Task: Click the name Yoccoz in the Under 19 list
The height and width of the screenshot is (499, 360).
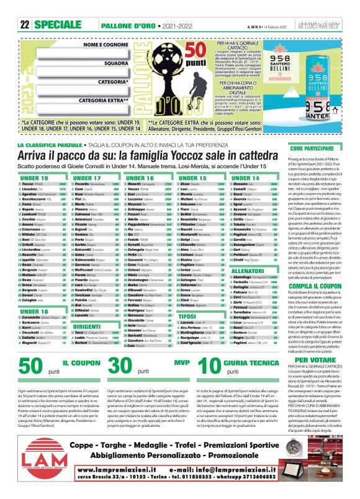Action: pos(27,185)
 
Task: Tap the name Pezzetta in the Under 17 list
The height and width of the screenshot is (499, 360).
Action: pos(82,185)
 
